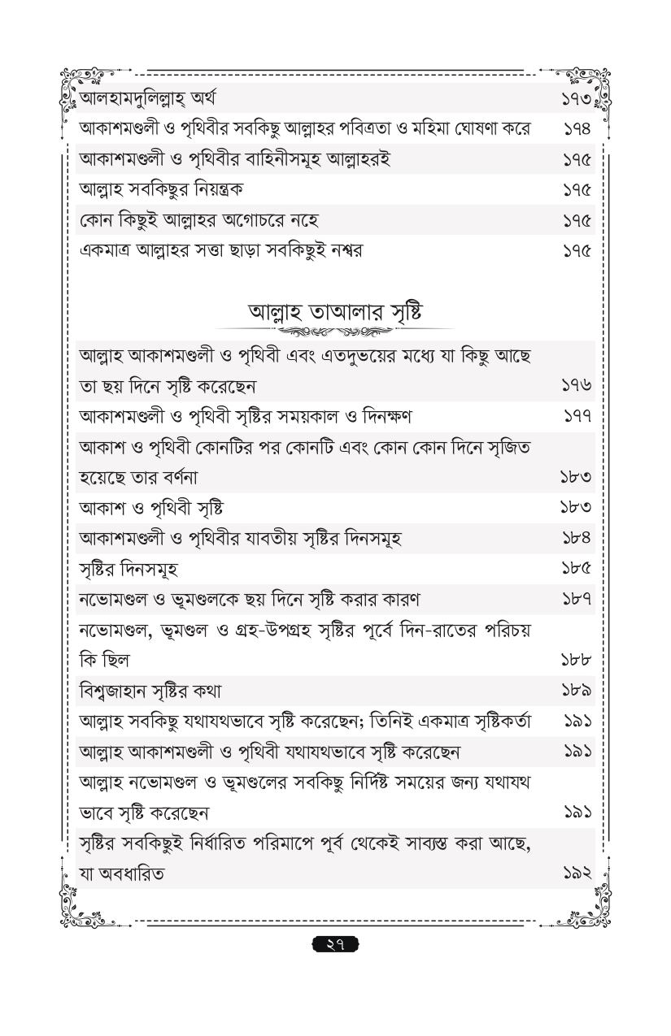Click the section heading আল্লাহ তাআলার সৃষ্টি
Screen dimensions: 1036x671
coord(334,312)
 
